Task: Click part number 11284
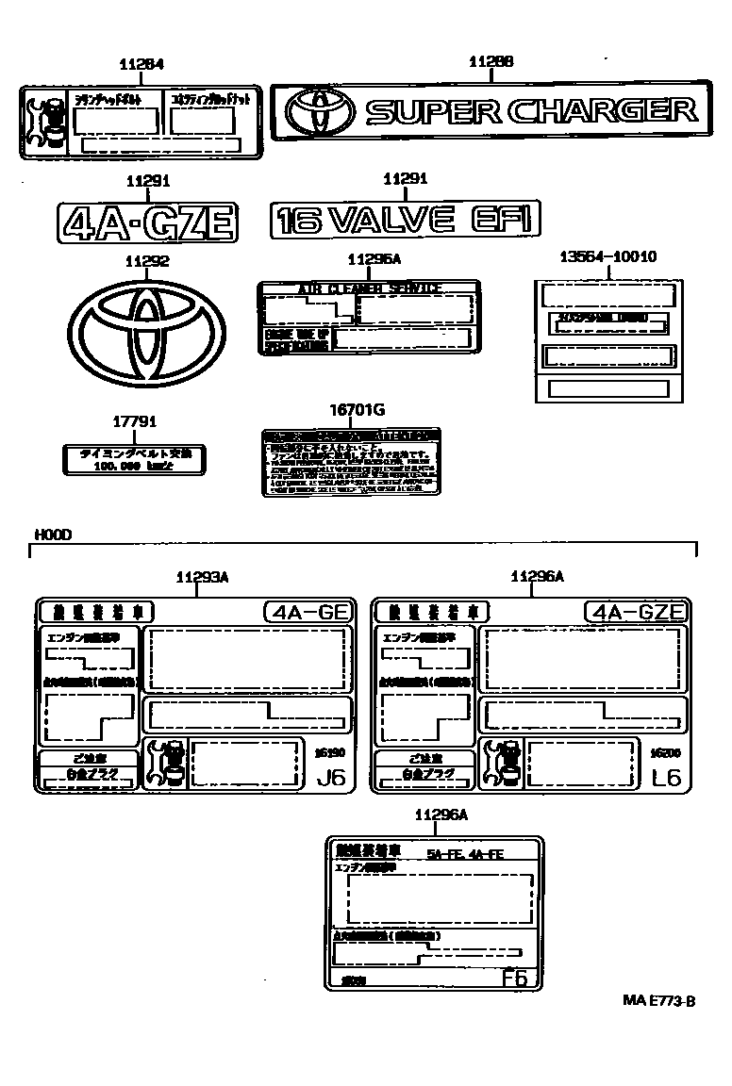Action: point(141,64)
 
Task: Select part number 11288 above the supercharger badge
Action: point(491,61)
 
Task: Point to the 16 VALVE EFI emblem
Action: point(405,221)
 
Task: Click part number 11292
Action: point(146,262)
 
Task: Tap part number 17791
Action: point(130,423)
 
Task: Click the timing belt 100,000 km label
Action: point(131,460)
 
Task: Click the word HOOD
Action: point(53,535)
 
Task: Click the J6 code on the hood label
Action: point(331,778)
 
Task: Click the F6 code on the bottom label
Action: point(514,978)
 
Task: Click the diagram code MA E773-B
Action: point(657,1001)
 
